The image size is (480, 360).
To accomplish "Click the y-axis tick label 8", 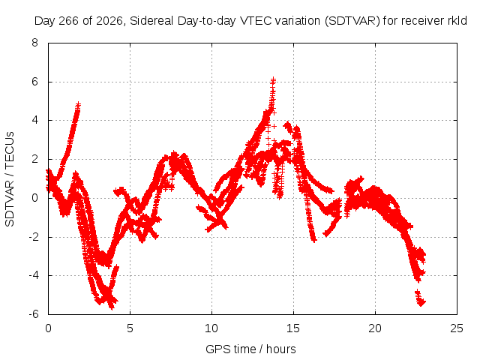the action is click(x=34, y=43).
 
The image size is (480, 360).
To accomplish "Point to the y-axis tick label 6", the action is click(x=34, y=82).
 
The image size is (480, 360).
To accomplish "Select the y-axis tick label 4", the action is click(x=34, y=120).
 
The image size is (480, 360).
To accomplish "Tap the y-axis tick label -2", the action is click(x=33, y=237).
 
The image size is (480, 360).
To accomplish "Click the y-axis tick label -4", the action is click(x=33, y=275).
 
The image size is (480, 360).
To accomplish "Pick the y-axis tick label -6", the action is click(x=33, y=314).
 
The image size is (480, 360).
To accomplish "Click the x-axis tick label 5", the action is click(x=130, y=328).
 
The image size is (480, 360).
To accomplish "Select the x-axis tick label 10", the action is click(x=211, y=328).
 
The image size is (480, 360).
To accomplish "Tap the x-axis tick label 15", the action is click(x=293, y=328).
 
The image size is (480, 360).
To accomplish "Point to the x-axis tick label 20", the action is click(x=375, y=328).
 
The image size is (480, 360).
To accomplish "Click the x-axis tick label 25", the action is click(x=457, y=328).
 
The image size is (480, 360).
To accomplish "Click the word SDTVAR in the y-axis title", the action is click(x=10, y=203).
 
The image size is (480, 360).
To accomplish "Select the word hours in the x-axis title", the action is click(x=281, y=349).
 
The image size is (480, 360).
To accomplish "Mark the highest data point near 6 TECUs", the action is click(x=273, y=80).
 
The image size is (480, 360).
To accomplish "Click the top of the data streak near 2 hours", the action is click(x=78, y=105).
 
